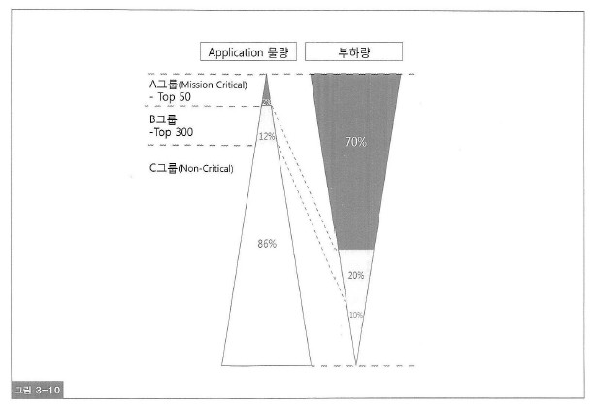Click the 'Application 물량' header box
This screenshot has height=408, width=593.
tap(248, 51)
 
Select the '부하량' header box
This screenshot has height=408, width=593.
tap(355, 51)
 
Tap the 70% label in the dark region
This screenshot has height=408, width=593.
tap(355, 142)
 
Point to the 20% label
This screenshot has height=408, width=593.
tap(356, 276)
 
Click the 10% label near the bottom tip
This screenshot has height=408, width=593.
tap(356, 315)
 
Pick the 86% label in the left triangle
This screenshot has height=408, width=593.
tap(267, 244)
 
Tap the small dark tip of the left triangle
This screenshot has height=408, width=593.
tap(267, 93)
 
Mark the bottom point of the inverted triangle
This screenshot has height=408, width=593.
tap(356, 364)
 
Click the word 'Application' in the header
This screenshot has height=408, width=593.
tap(234, 51)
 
